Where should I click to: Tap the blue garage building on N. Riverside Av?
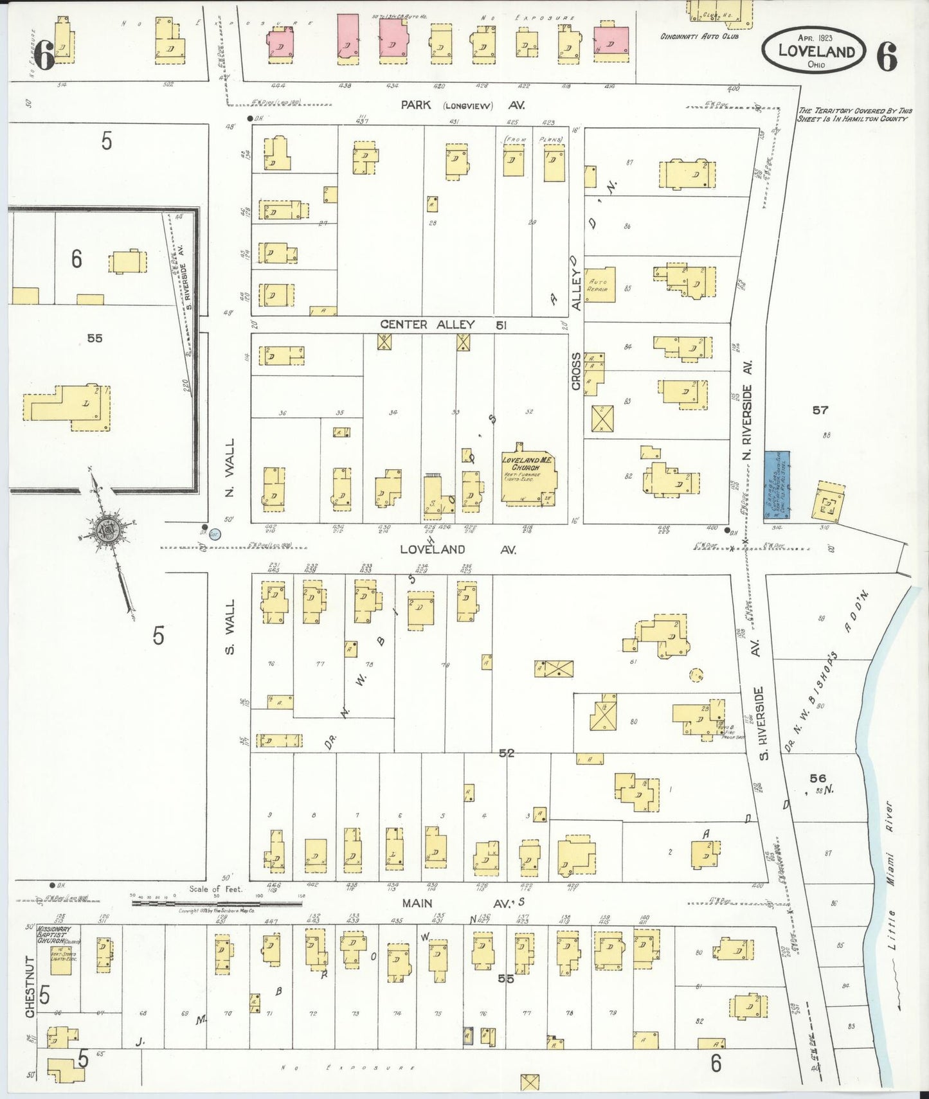click(x=777, y=485)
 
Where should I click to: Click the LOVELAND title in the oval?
click(x=816, y=51)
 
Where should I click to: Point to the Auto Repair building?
click(x=599, y=285)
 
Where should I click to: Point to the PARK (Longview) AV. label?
click(x=462, y=105)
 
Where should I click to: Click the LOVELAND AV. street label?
click(x=457, y=549)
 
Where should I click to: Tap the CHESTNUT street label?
click(x=30, y=987)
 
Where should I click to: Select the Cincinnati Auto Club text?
click(x=699, y=37)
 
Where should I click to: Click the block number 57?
click(x=820, y=409)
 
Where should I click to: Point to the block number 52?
click(x=507, y=753)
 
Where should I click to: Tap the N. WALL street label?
click(x=230, y=467)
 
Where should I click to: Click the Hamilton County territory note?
click(x=854, y=114)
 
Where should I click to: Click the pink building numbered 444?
click(x=280, y=45)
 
